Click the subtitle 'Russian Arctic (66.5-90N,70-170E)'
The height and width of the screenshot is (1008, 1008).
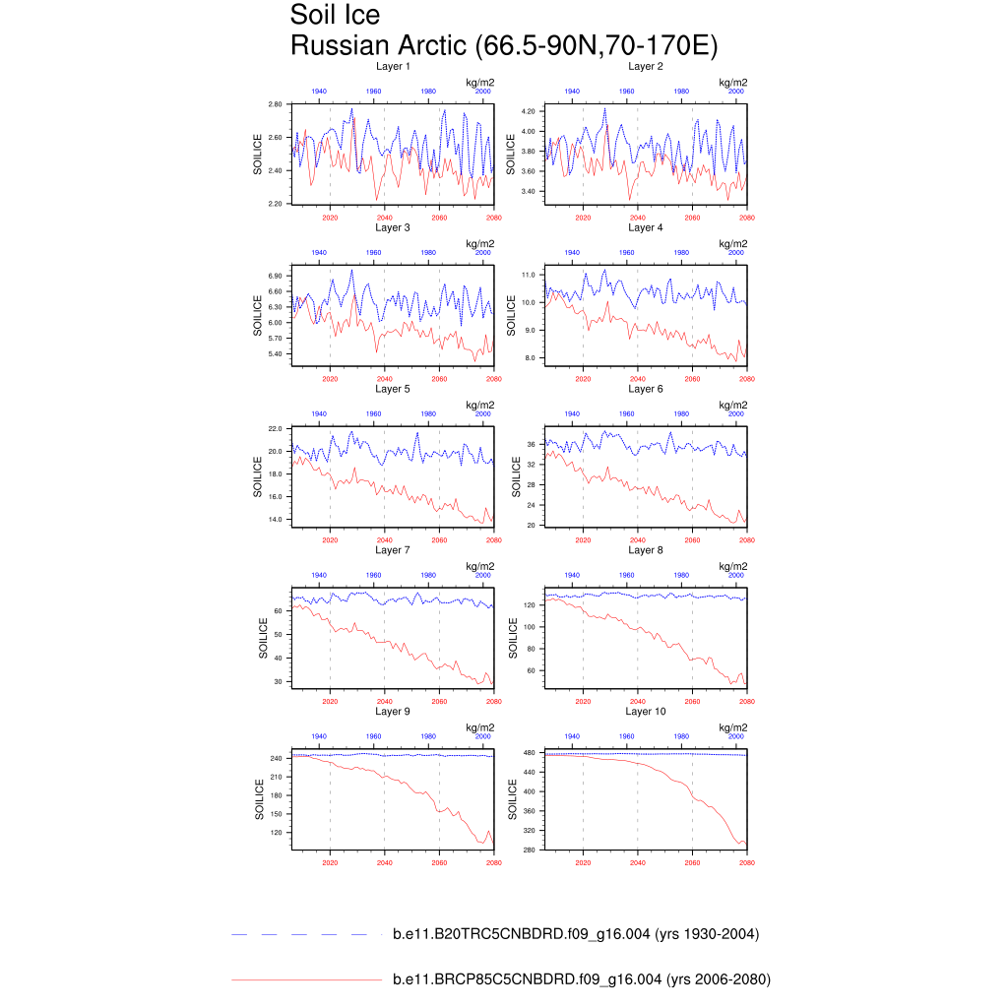(x=503, y=45)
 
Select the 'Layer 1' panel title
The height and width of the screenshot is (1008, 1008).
(x=393, y=66)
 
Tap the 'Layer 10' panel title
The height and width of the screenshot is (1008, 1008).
(x=646, y=711)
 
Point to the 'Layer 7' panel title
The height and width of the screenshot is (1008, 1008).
(x=393, y=549)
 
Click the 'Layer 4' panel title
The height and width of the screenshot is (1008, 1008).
(x=646, y=227)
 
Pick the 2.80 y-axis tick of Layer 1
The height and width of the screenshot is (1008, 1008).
(x=276, y=103)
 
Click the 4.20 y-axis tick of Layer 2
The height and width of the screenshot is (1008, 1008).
(x=529, y=111)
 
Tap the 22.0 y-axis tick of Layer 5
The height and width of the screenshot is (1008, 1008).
(x=276, y=429)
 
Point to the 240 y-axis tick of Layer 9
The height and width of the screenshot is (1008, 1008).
(x=277, y=758)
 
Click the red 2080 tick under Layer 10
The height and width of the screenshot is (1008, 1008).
(x=747, y=862)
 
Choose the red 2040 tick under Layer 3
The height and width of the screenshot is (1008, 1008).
(x=385, y=379)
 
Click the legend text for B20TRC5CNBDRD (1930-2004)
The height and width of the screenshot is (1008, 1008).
(x=576, y=934)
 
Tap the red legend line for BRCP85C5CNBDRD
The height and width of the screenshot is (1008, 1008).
(x=305, y=979)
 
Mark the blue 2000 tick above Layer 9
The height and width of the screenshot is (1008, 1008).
(x=482, y=735)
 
